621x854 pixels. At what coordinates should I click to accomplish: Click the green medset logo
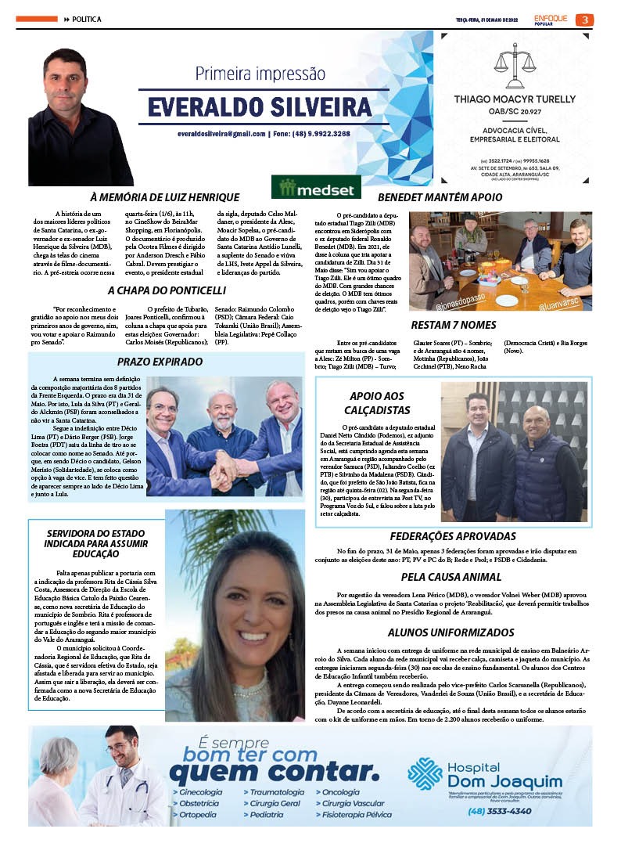[x=316, y=188]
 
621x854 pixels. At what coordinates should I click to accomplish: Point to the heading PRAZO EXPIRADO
[x=153, y=362]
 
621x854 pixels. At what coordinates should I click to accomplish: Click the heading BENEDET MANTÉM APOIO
[x=440, y=197]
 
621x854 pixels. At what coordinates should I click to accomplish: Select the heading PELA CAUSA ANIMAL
[x=451, y=577]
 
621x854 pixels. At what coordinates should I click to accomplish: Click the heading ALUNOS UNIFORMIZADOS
[x=451, y=632]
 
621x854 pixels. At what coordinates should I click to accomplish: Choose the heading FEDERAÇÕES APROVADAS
[x=453, y=536]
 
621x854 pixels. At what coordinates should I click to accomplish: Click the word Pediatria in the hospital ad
[x=268, y=815]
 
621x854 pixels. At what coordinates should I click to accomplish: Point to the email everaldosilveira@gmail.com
[x=221, y=134]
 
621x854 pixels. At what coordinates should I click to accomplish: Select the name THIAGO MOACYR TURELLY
[x=515, y=99]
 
